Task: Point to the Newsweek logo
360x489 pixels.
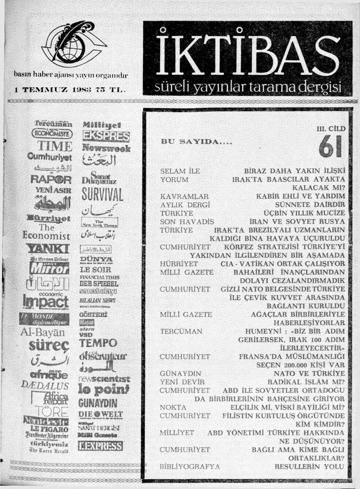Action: click(x=106, y=148)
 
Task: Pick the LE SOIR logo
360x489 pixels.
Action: click(x=95, y=270)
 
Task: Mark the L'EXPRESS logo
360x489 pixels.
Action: click(x=100, y=446)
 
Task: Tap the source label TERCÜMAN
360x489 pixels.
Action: click(x=181, y=331)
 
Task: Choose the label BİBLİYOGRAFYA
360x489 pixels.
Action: click(x=190, y=467)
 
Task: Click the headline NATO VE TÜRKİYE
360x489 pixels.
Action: click(x=309, y=373)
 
